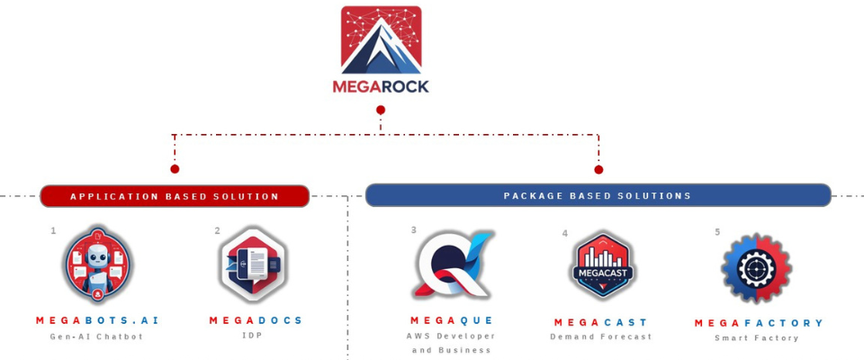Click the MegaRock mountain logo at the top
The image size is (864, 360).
click(x=381, y=40)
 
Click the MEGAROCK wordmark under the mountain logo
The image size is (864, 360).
click(x=381, y=87)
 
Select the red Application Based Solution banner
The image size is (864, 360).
click(x=175, y=196)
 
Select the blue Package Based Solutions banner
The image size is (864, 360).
click(x=598, y=195)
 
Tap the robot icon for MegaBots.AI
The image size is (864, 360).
click(x=97, y=265)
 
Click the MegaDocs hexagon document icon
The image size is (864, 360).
click(x=253, y=264)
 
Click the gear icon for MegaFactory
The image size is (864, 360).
click(x=756, y=268)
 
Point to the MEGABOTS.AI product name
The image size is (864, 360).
click(x=97, y=320)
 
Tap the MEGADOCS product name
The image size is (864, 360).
click(x=256, y=320)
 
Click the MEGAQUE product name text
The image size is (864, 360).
click(x=452, y=320)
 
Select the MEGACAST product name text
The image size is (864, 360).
click(x=601, y=322)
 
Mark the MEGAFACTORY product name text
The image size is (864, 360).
click(x=759, y=323)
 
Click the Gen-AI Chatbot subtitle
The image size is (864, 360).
click(x=96, y=337)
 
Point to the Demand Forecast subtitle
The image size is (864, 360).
click(x=601, y=337)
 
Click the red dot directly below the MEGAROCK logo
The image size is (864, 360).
click(x=381, y=110)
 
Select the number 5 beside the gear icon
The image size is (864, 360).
click(x=717, y=232)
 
